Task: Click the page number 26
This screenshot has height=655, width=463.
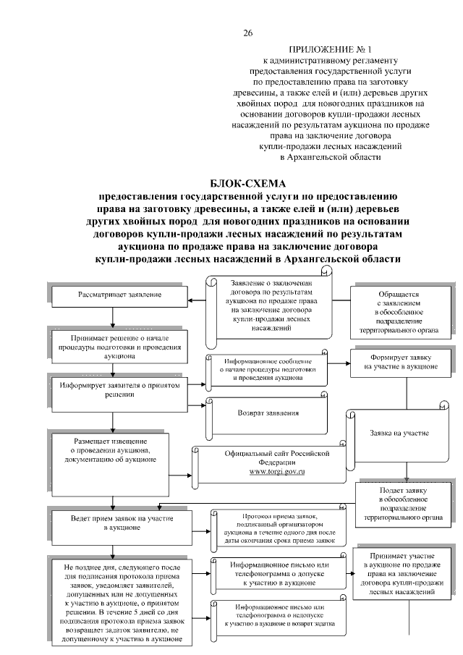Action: pyautogui.click(x=248, y=34)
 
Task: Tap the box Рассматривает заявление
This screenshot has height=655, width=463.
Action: pyautogui.click(x=116, y=295)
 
